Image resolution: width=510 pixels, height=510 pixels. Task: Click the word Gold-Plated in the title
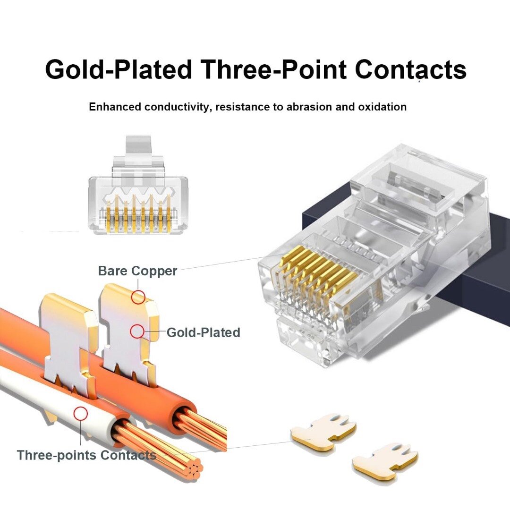118,69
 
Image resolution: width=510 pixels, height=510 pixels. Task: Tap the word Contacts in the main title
410,69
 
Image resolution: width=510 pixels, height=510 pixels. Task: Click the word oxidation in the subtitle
384,107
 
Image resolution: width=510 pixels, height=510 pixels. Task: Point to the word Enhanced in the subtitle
114,107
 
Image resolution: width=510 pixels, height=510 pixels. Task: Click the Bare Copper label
137,271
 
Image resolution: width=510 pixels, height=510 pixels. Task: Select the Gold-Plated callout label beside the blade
203,332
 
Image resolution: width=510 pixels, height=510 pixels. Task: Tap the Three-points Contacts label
86,455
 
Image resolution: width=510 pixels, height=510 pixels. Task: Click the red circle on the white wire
81,414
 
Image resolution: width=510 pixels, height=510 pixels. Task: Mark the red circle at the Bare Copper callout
138,297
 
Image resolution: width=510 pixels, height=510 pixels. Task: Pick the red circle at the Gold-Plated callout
137,331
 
